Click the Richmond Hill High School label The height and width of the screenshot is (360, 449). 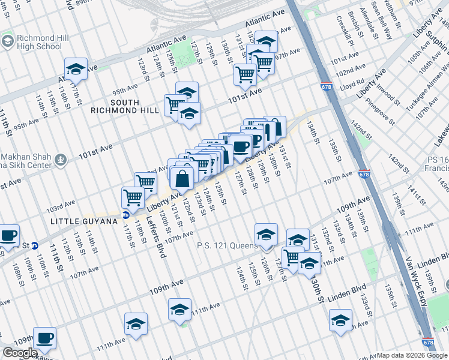pos(39,42)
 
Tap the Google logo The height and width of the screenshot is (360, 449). pos(20,353)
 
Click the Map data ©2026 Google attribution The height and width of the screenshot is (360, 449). pos(412,355)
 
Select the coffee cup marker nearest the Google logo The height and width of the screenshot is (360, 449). pos(44,338)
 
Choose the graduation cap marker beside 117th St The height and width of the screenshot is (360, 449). pos(76,70)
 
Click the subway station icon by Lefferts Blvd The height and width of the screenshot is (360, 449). pos(126,215)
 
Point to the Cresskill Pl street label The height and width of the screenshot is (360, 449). pos(343,29)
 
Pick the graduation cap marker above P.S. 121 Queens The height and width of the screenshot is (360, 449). pos(266,235)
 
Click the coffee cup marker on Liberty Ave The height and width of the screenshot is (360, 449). pos(240,146)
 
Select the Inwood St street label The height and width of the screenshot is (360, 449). pos(379,97)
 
